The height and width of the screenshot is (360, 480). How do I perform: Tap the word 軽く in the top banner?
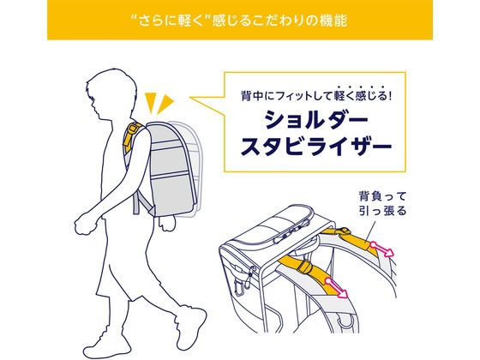pos(190,21)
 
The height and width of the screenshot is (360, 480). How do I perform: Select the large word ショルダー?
pos(316,119)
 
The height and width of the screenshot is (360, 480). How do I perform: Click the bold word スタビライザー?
pos(316,147)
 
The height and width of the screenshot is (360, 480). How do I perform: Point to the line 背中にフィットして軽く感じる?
pos(316,96)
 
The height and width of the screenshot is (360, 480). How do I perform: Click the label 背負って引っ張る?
pos(382,204)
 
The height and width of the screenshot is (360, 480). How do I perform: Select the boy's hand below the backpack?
pos(167,224)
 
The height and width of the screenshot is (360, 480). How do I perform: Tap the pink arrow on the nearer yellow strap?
pos(337,287)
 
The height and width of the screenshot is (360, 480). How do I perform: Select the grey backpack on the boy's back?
pos(171,169)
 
